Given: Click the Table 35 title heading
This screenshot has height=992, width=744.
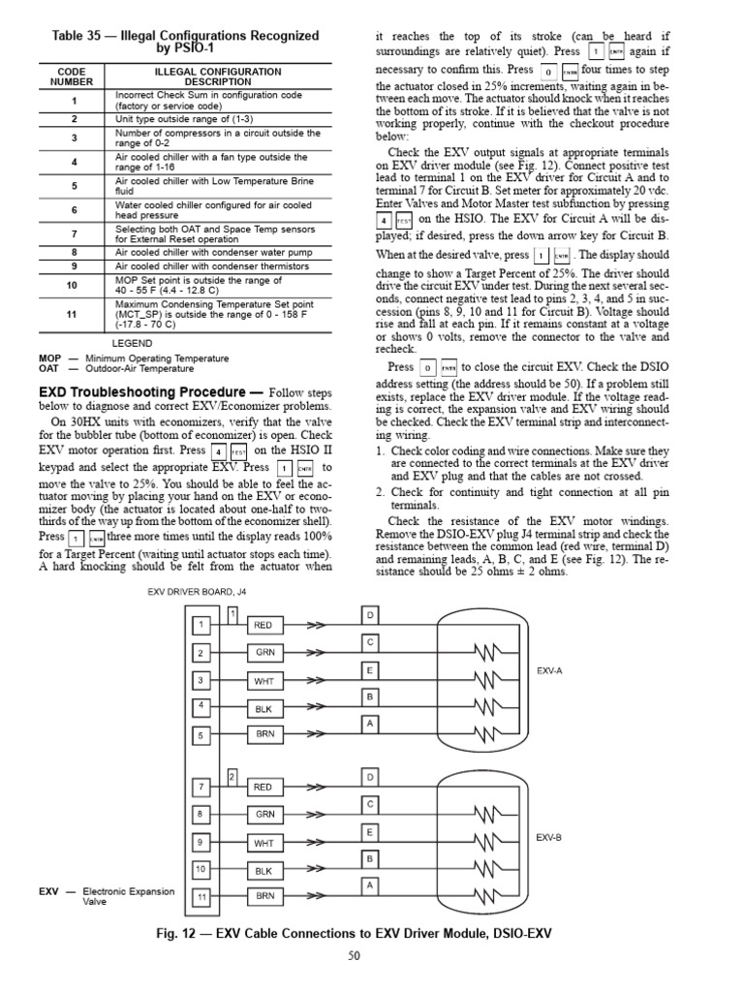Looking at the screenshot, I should click(184, 43).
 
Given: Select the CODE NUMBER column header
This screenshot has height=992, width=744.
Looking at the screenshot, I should click(73, 77).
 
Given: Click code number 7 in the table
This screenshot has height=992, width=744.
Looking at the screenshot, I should click(73, 233).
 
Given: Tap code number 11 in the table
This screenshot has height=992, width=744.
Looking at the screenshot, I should click(73, 314).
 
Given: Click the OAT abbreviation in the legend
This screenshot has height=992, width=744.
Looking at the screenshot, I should click(49, 368).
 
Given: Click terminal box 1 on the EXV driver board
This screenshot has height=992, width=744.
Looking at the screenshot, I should click(201, 626).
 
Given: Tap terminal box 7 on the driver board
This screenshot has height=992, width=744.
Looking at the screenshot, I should click(201, 787).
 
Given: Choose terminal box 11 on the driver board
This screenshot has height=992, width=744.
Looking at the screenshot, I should click(201, 897).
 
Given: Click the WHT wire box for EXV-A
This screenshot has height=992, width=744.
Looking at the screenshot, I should click(264, 682).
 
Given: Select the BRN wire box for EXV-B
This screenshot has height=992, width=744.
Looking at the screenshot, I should click(264, 897).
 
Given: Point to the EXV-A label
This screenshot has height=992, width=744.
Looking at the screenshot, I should click(548, 670).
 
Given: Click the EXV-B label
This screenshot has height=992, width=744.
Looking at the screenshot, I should click(548, 837).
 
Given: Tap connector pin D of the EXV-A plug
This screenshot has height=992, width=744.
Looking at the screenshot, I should click(370, 616).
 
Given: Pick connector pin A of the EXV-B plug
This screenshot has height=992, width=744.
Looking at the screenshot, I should click(370, 885).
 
